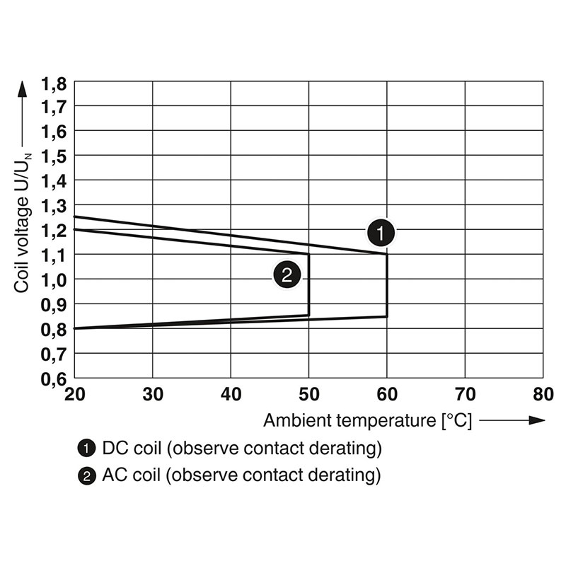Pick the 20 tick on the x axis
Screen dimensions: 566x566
click(x=75, y=394)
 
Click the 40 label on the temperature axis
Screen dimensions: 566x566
click(x=231, y=394)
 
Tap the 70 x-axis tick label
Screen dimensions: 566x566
click(x=465, y=394)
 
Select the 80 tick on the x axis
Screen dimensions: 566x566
click(x=543, y=394)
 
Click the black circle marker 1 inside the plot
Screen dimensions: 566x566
click(x=381, y=231)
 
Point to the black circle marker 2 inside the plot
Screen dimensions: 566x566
click(x=287, y=275)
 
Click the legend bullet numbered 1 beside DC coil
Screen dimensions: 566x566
click(x=86, y=448)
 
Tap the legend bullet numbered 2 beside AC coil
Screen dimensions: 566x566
click(x=86, y=475)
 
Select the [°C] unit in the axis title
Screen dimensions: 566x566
click(x=455, y=420)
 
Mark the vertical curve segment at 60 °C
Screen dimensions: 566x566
click(x=387, y=285)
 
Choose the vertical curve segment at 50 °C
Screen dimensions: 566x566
click(x=308, y=284)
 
